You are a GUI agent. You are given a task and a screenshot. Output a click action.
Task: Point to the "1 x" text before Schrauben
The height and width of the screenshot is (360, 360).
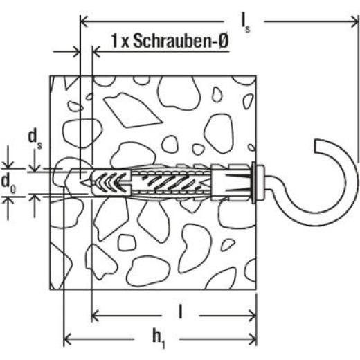[103, 42]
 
